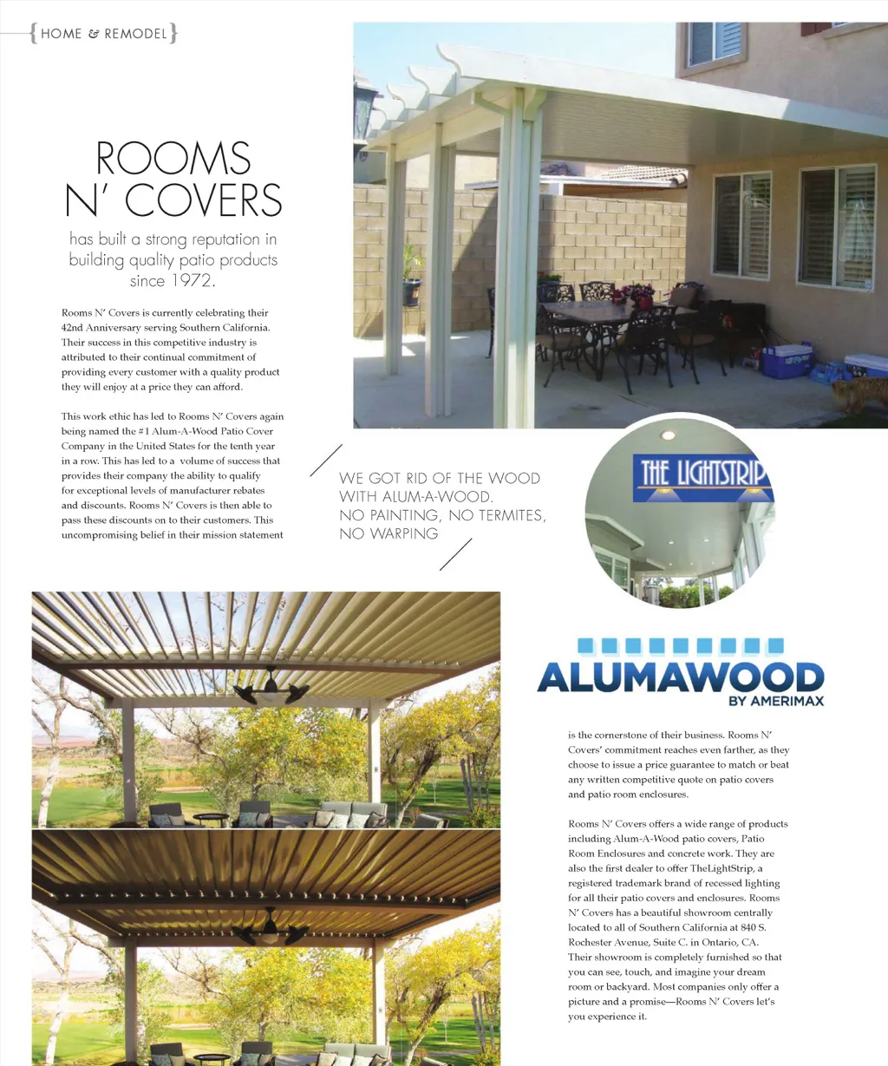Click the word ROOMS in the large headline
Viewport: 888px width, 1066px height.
[173, 159]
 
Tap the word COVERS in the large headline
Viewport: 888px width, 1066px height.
[204, 200]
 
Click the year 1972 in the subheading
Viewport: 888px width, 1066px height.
[192, 280]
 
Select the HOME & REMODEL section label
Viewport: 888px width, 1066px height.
[103, 34]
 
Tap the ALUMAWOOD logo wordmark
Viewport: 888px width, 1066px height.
[680, 677]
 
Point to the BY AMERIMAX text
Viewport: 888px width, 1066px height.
[776, 701]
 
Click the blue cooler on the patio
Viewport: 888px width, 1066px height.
[787, 360]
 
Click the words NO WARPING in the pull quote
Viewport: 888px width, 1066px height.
[388, 533]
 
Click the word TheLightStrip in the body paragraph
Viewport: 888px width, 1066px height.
[723, 868]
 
